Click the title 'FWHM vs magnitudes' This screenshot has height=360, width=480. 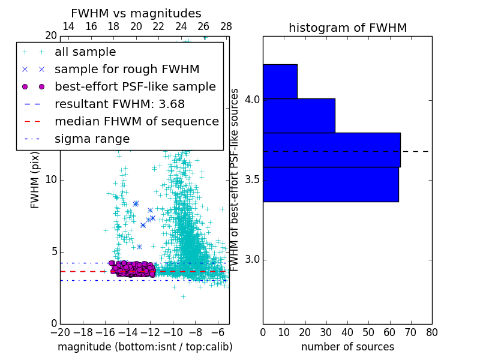tap(136, 13)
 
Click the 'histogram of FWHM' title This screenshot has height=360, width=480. tap(347, 28)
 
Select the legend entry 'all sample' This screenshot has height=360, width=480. tap(85, 52)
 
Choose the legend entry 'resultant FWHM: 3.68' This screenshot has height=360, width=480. tap(119, 104)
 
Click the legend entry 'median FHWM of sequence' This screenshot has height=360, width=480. tap(136, 121)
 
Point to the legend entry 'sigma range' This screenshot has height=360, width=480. tap(92, 139)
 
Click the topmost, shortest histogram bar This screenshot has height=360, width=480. tap(280, 81)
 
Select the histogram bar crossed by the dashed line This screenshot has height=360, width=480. tap(331, 149)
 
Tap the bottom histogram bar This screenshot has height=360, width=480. tap(331, 184)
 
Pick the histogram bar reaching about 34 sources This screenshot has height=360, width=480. tap(299, 115)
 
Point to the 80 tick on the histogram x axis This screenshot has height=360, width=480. tap(431, 332)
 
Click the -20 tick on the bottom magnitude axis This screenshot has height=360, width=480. tap(60, 332)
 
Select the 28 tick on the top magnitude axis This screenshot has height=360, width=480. tap(226, 26)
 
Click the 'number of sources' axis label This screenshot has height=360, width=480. tap(347, 347)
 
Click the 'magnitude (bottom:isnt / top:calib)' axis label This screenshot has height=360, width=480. tap(145, 347)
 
